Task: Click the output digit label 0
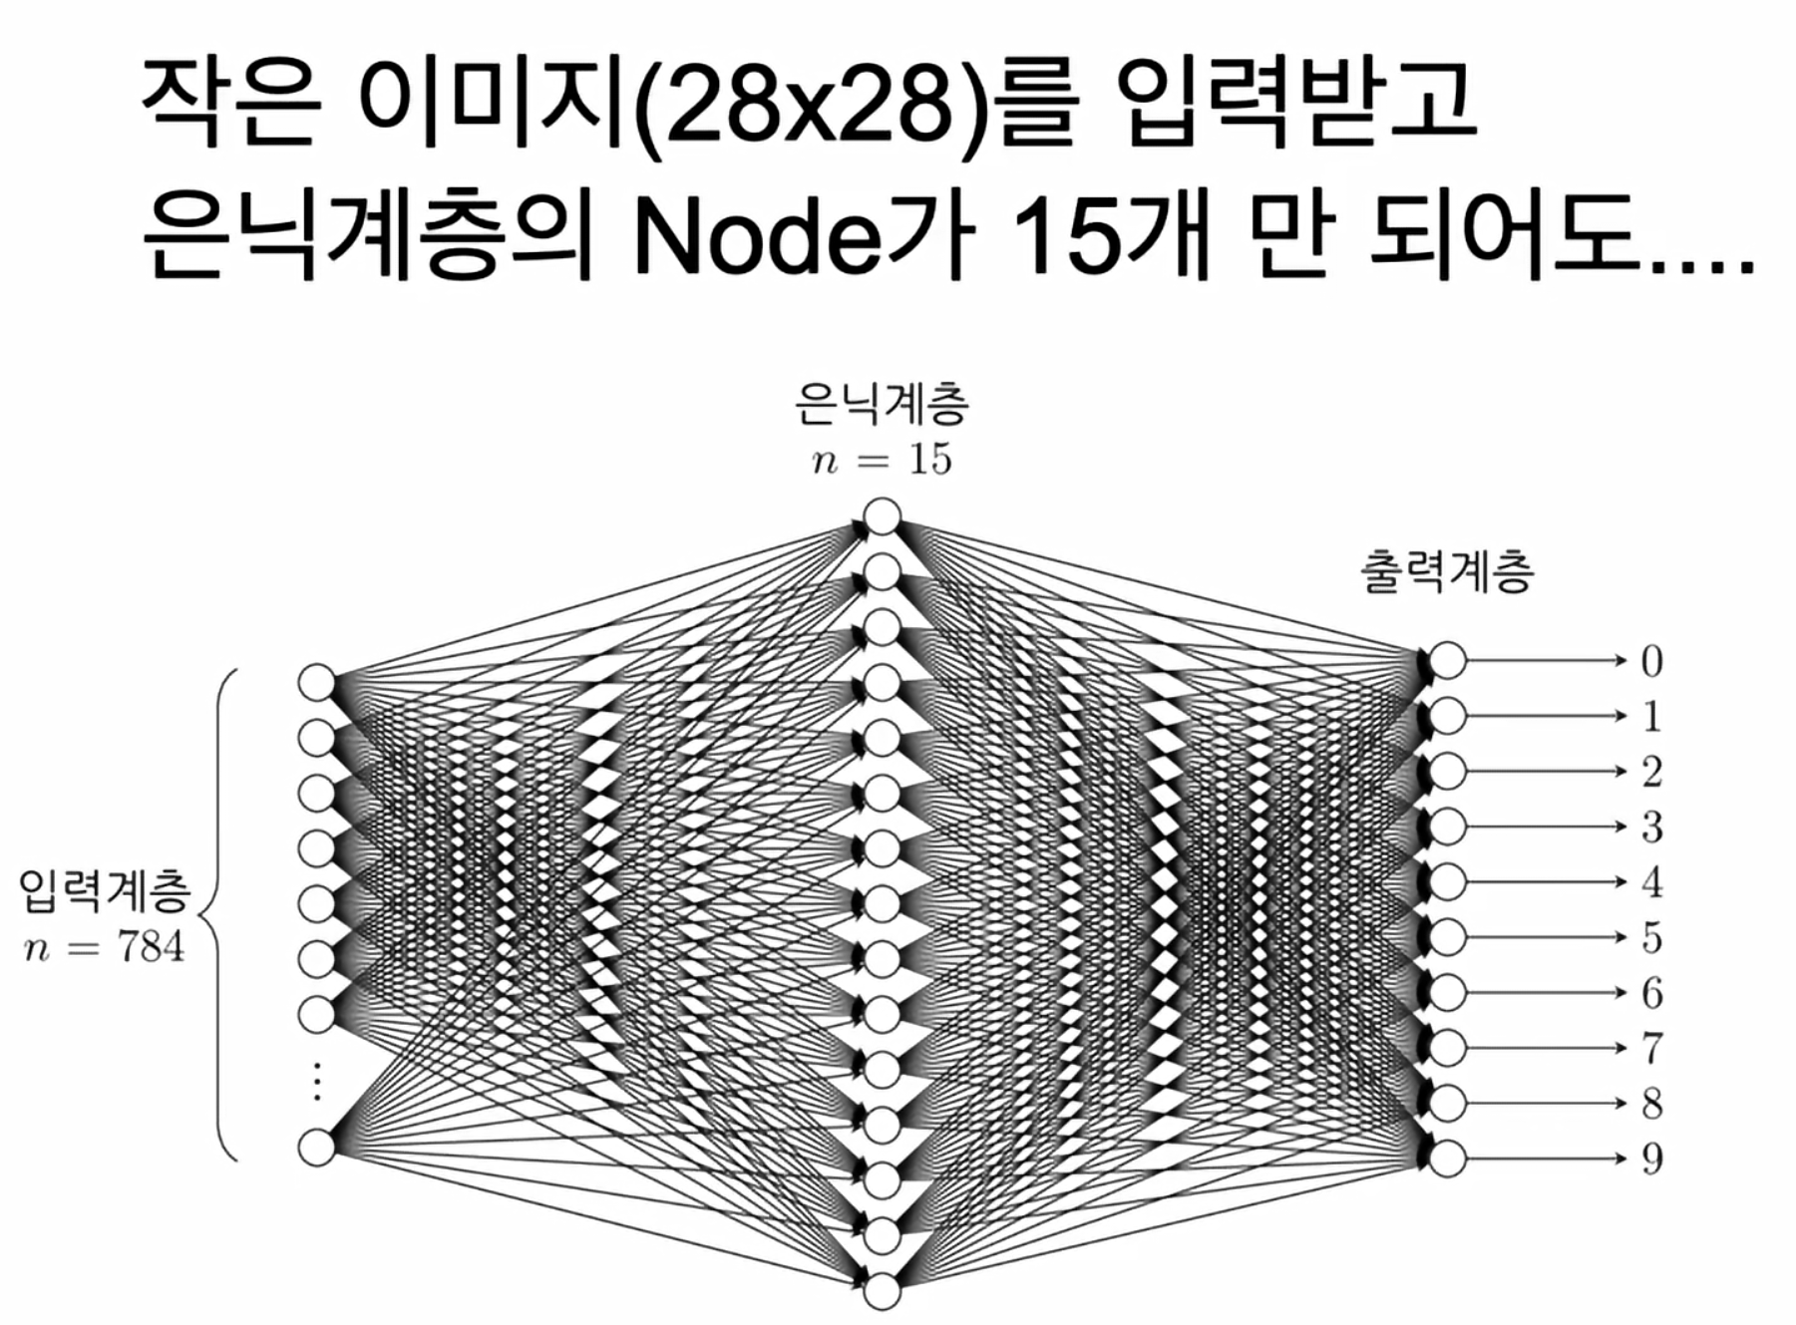tap(1651, 661)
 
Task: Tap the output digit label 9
tap(1651, 1159)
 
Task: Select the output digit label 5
tap(1651, 937)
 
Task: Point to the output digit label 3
tap(1651, 827)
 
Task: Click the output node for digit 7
tap(1448, 1048)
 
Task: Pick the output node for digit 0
tap(1448, 661)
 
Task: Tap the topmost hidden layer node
tap(883, 517)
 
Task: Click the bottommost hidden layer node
tap(883, 1291)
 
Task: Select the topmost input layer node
tap(317, 683)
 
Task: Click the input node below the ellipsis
tap(317, 1148)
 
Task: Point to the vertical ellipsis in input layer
tap(317, 1082)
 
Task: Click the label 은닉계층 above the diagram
tap(882, 404)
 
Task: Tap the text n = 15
tap(882, 460)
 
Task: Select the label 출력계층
tap(1447, 573)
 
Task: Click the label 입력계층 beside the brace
tap(104, 890)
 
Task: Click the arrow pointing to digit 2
tap(1546, 772)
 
